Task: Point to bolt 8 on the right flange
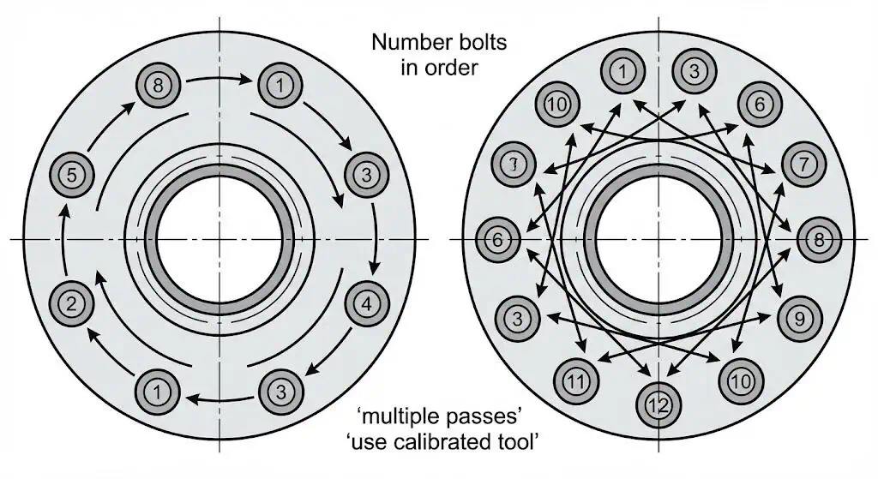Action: tap(819, 240)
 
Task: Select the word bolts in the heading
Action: tap(483, 40)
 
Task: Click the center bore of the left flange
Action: tap(220, 239)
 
